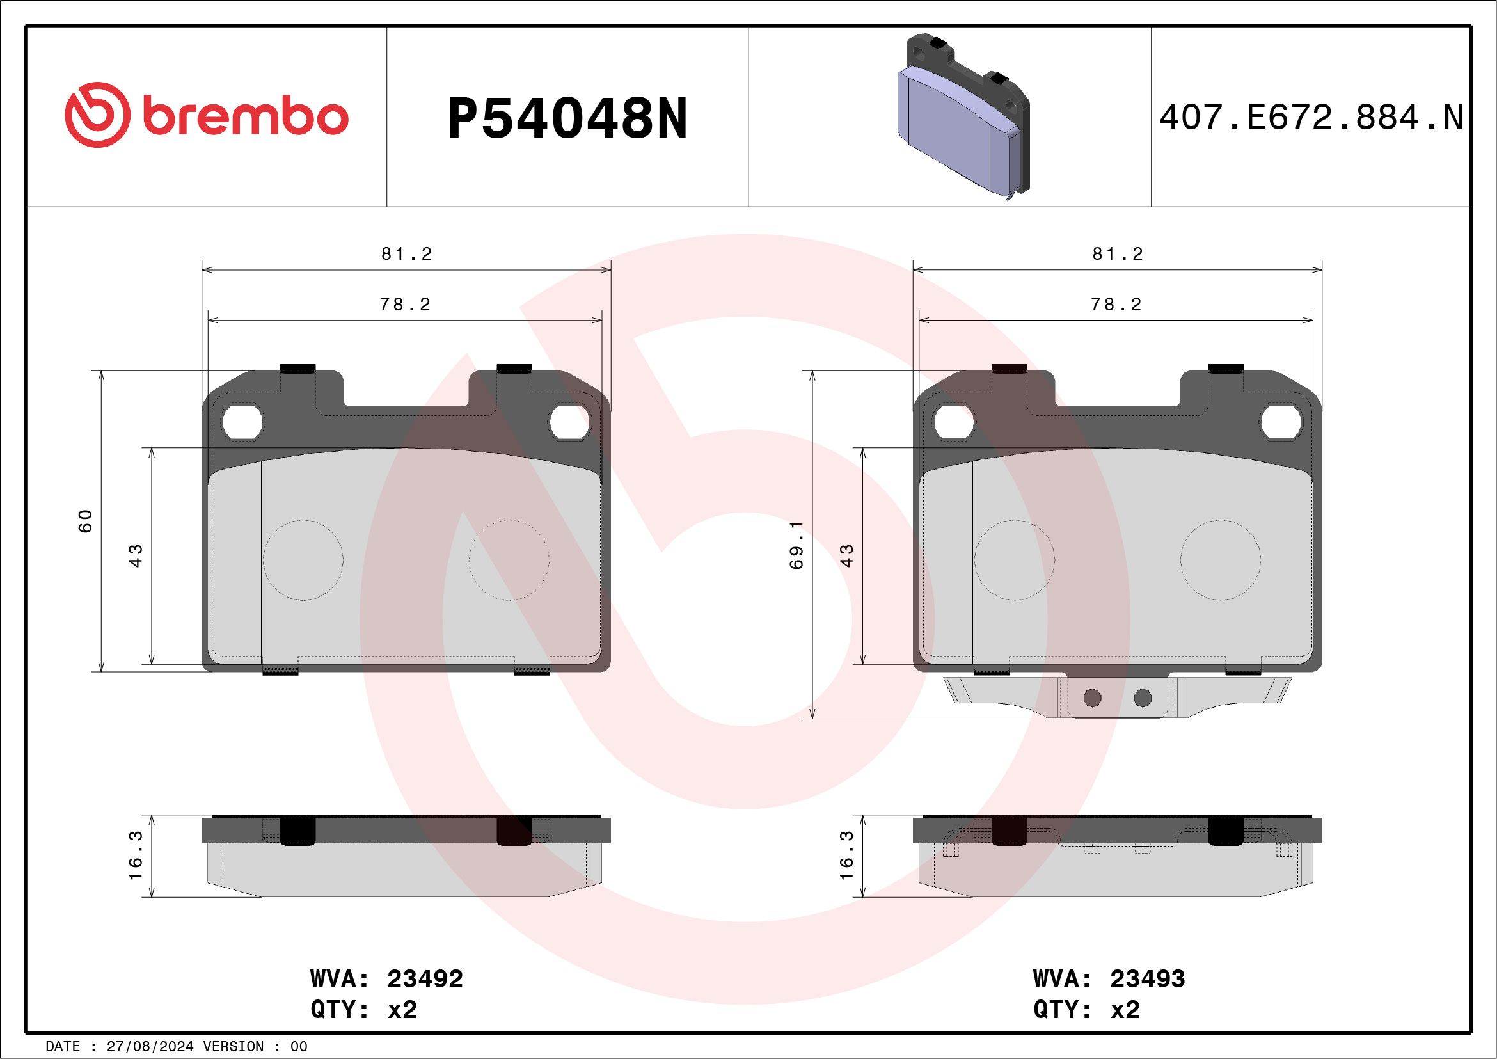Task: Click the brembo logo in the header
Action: point(206,118)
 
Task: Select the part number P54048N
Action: point(567,119)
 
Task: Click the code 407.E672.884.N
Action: point(1311,118)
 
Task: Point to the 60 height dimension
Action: point(86,521)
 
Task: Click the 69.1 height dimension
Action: point(796,545)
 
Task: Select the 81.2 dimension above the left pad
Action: point(407,253)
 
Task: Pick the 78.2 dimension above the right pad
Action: point(1116,305)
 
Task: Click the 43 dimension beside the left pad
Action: point(136,555)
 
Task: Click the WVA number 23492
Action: point(424,980)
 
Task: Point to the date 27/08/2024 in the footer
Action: point(150,1047)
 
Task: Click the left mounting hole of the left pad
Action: point(242,423)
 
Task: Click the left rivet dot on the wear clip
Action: point(1092,698)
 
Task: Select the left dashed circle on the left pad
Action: point(303,559)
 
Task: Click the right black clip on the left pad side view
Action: point(514,831)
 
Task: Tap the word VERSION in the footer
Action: point(239,1047)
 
